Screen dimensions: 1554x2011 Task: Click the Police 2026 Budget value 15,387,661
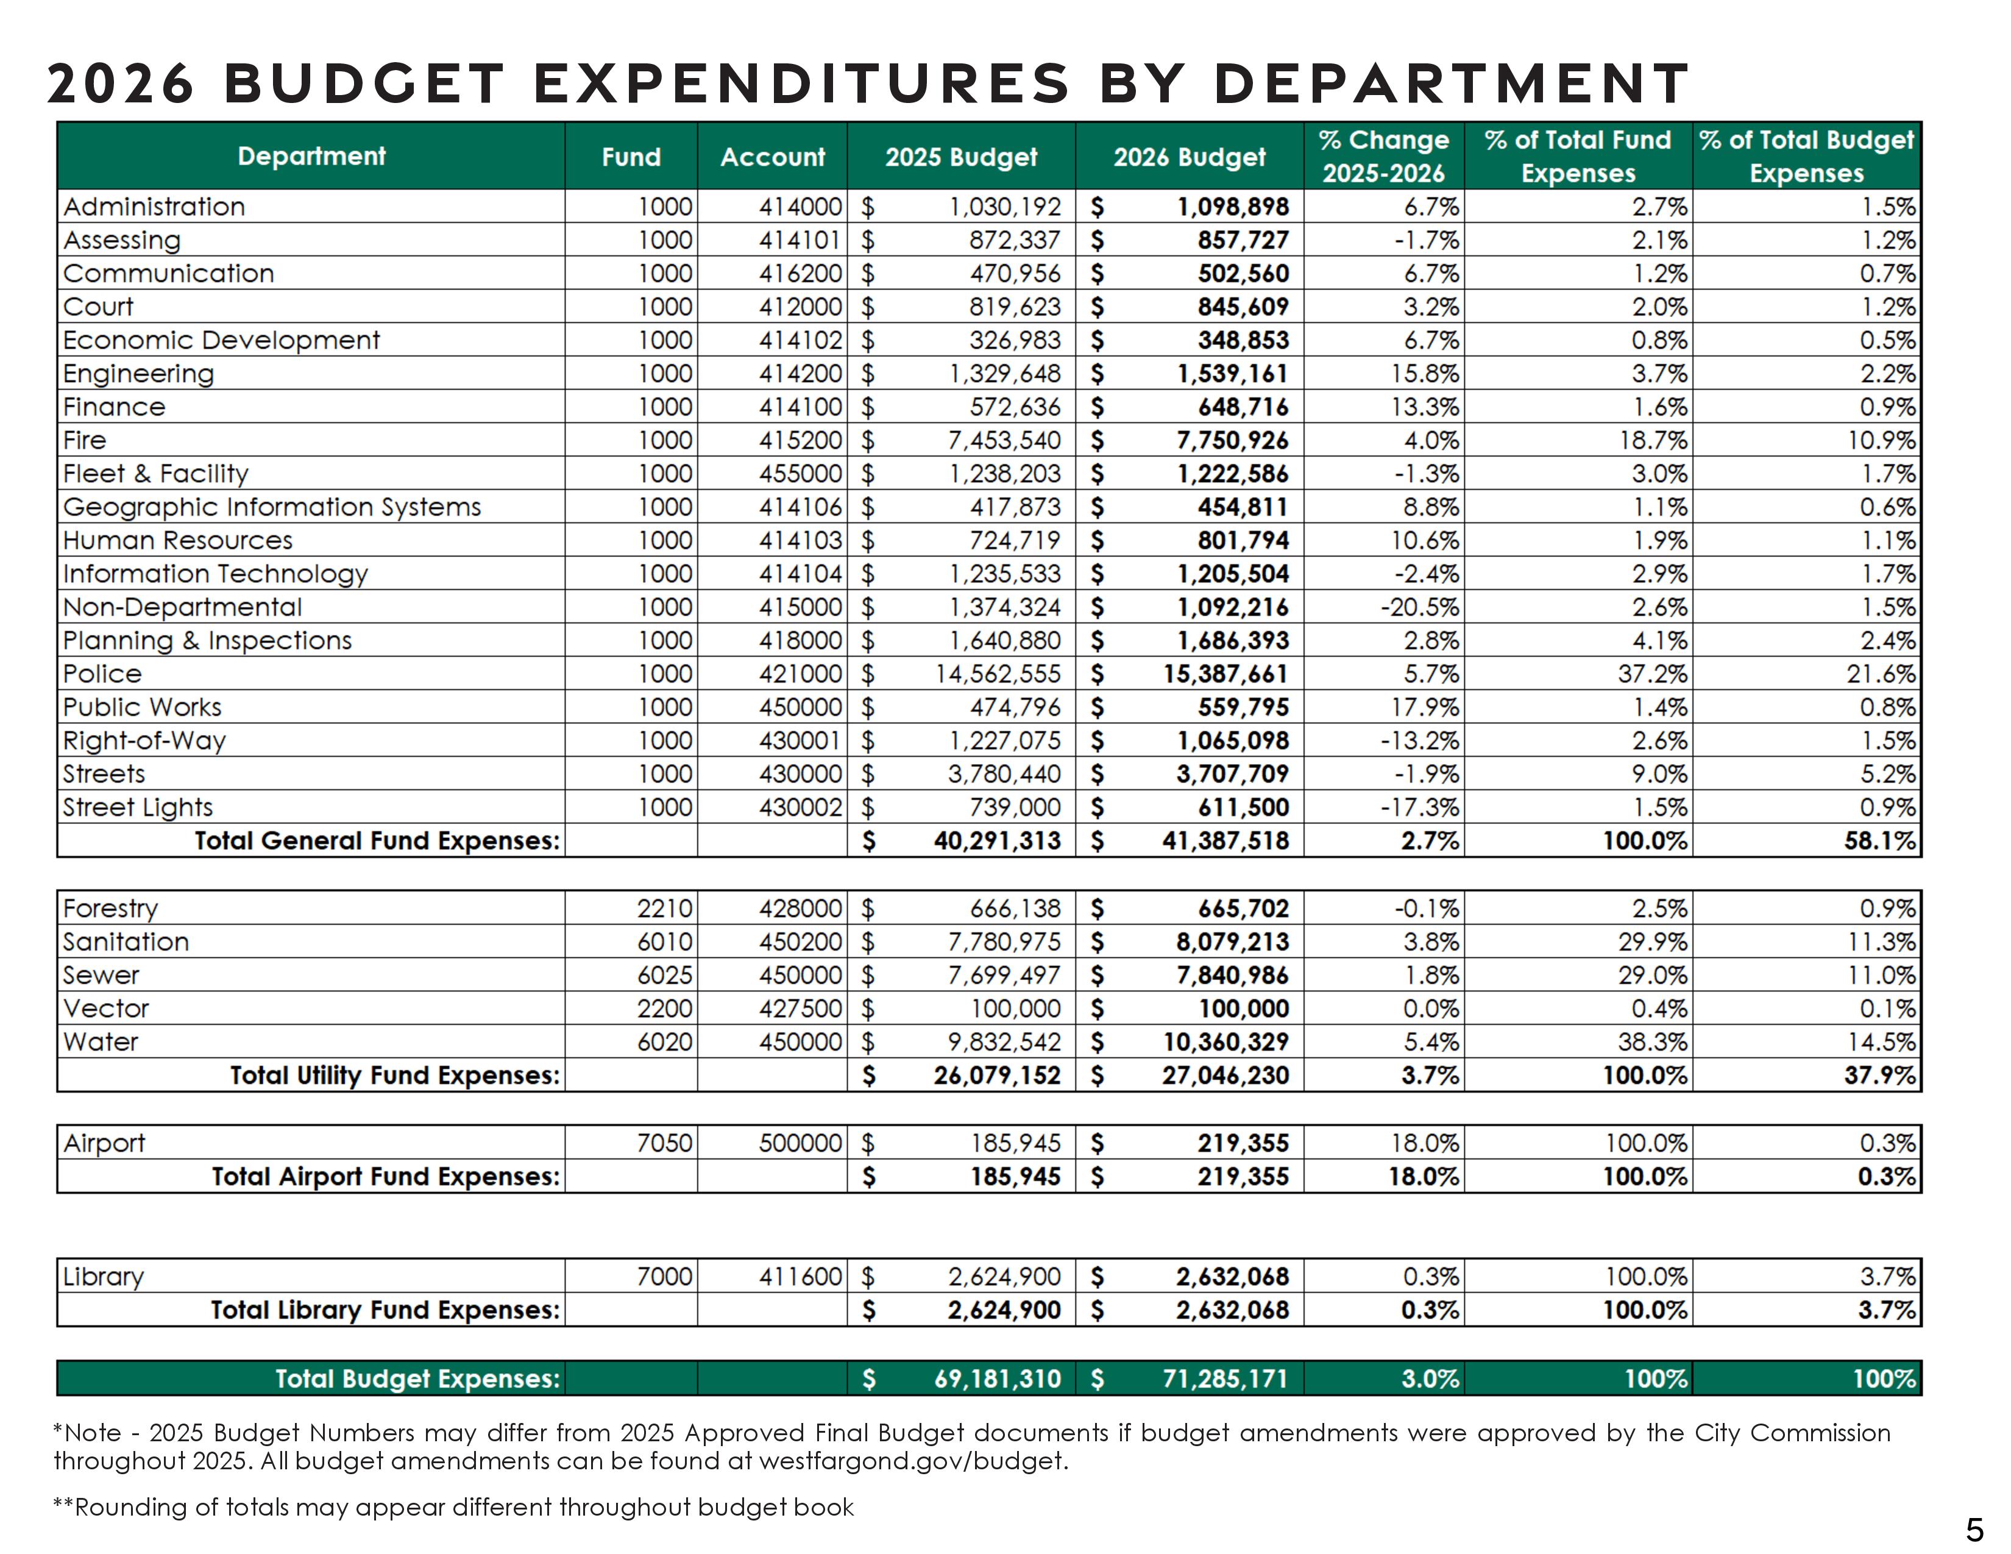pos(1225,674)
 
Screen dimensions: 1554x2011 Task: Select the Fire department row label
pos(85,440)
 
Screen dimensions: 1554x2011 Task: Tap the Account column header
pos(773,157)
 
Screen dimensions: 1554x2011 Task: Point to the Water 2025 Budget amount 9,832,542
pos(1004,1042)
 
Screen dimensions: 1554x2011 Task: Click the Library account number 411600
pos(800,1277)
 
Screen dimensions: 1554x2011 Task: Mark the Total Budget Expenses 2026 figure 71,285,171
pos(1225,1378)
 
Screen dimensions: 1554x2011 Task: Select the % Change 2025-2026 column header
pos(1383,157)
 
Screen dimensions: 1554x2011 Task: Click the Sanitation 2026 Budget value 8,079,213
pos(1233,942)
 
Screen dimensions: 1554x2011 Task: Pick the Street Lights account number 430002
pos(800,807)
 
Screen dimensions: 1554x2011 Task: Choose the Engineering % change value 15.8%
pos(1425,374)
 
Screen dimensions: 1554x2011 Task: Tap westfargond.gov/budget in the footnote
pos(912,1461)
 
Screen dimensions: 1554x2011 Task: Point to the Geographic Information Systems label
pos(272,507)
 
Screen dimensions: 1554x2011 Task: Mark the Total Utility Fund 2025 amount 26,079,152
pos(996,1075)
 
